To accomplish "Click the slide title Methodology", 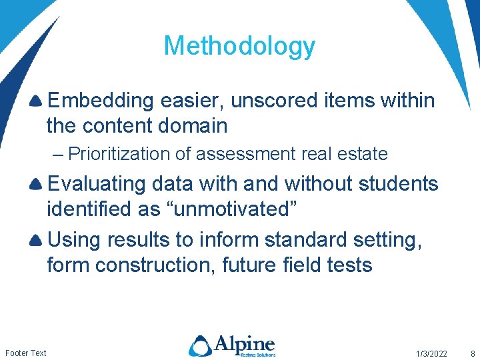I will pos(239,46).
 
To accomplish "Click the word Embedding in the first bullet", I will pos(101,101).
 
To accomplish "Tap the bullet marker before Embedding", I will pos(37,101).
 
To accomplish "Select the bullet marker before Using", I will pos(37,240).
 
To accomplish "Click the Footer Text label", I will pos(26,353).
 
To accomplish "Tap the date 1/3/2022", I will pos(431,353).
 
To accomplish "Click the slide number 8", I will pos(472,353).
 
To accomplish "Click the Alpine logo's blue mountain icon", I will pos(200,345).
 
